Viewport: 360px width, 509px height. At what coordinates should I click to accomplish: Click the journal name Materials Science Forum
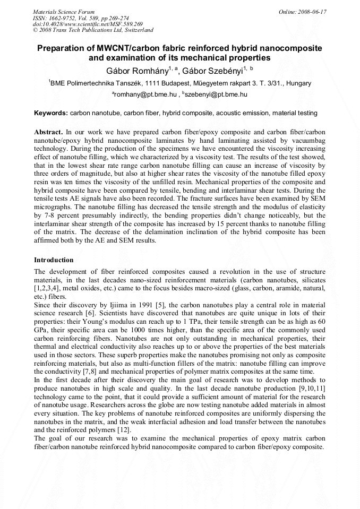[x=64, y=11]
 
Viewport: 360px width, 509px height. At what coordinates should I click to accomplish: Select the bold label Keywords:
[x=51, y=113]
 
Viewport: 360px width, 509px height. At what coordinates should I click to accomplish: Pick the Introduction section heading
[x=54, y=260]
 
